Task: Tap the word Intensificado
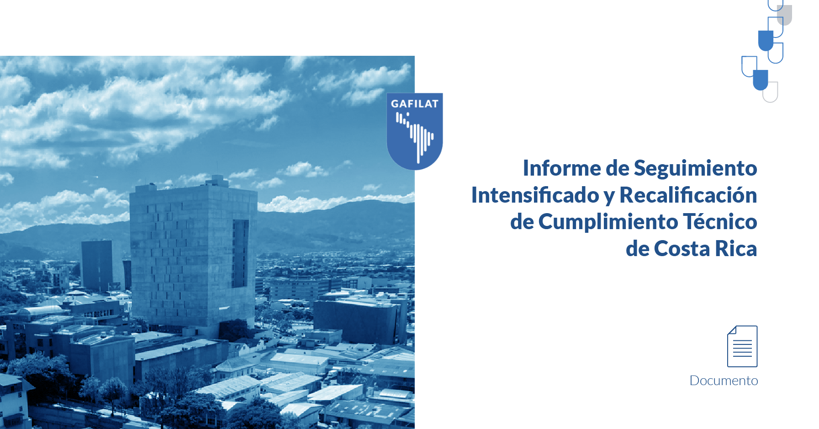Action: click(535, 195)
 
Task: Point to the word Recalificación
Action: click(688, 195)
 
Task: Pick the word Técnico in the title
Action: click(720, 221)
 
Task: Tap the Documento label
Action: click(724, 381)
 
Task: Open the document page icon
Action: click(742, 346)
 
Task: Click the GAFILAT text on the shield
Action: click(415, 104)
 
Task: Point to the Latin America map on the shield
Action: click(415, 136)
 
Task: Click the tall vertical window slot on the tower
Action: click(240, 253)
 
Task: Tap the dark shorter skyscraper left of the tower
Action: click(97, 265)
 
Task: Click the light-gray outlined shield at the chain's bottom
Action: click(771, 92)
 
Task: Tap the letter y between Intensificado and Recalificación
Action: click(609, 198)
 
